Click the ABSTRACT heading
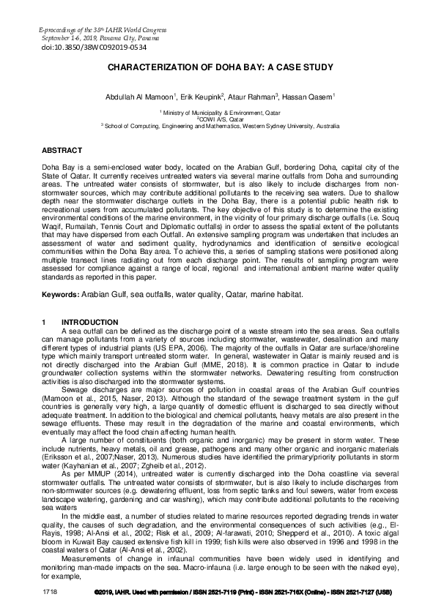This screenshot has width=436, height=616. pyautogui.click(x=62, y=150)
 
